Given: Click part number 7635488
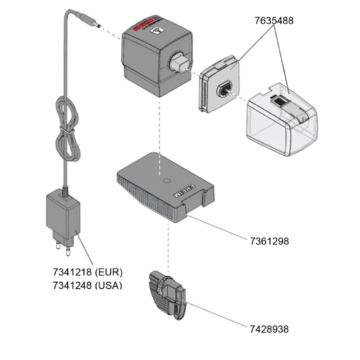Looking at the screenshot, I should click(x=274, y=21).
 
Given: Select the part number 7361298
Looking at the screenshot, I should click(x=269, y=241).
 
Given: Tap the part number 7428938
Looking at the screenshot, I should click(x=269, y=329).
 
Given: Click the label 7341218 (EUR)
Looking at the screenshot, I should click(x=88, y=272).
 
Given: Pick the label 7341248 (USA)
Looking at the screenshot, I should click(x=88, y=285).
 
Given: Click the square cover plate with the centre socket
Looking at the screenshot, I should click(x=220, y=84).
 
